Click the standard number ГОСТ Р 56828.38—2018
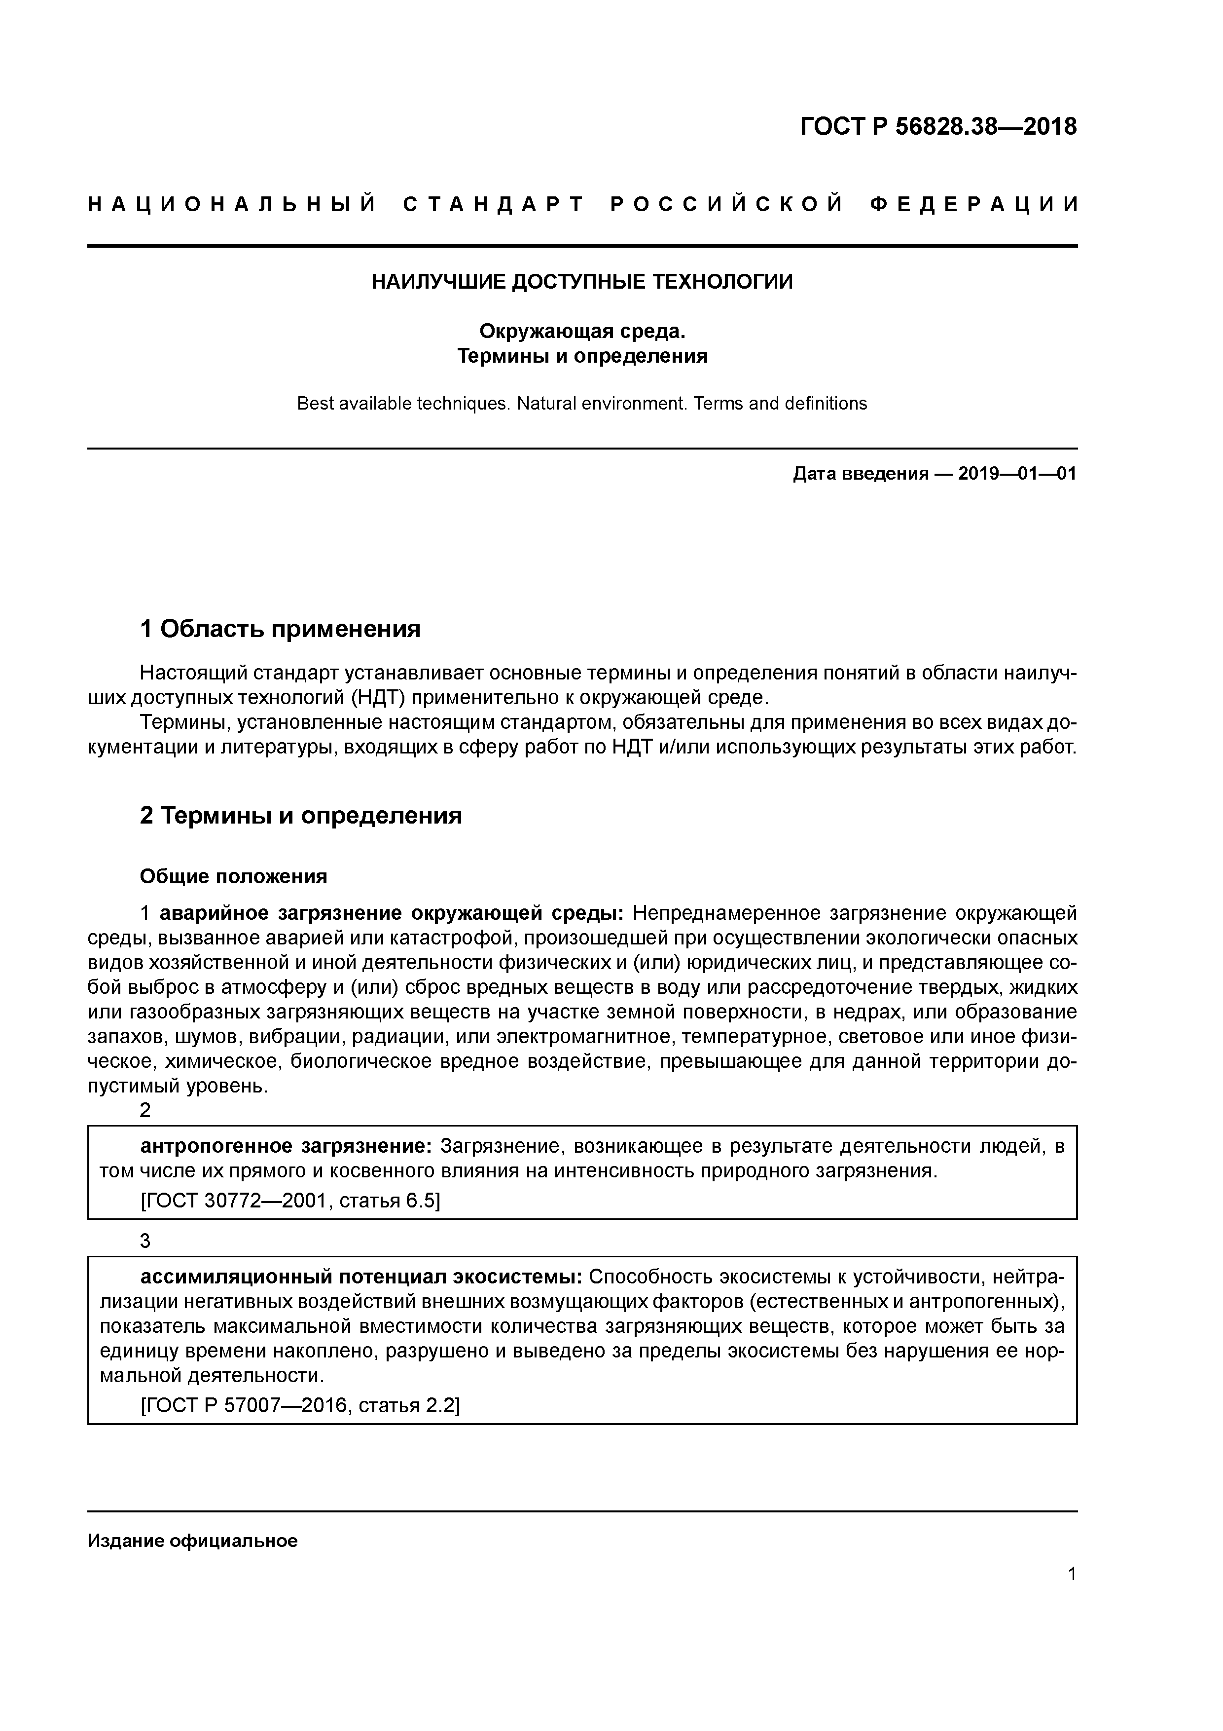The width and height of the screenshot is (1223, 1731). [938, 127]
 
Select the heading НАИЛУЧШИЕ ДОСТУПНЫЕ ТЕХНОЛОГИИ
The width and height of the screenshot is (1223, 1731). [582, 282]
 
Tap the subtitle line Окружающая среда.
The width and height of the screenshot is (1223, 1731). [582, 331]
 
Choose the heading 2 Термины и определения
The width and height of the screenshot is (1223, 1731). [301, 815]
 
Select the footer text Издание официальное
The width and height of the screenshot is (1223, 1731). [192, 1540]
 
